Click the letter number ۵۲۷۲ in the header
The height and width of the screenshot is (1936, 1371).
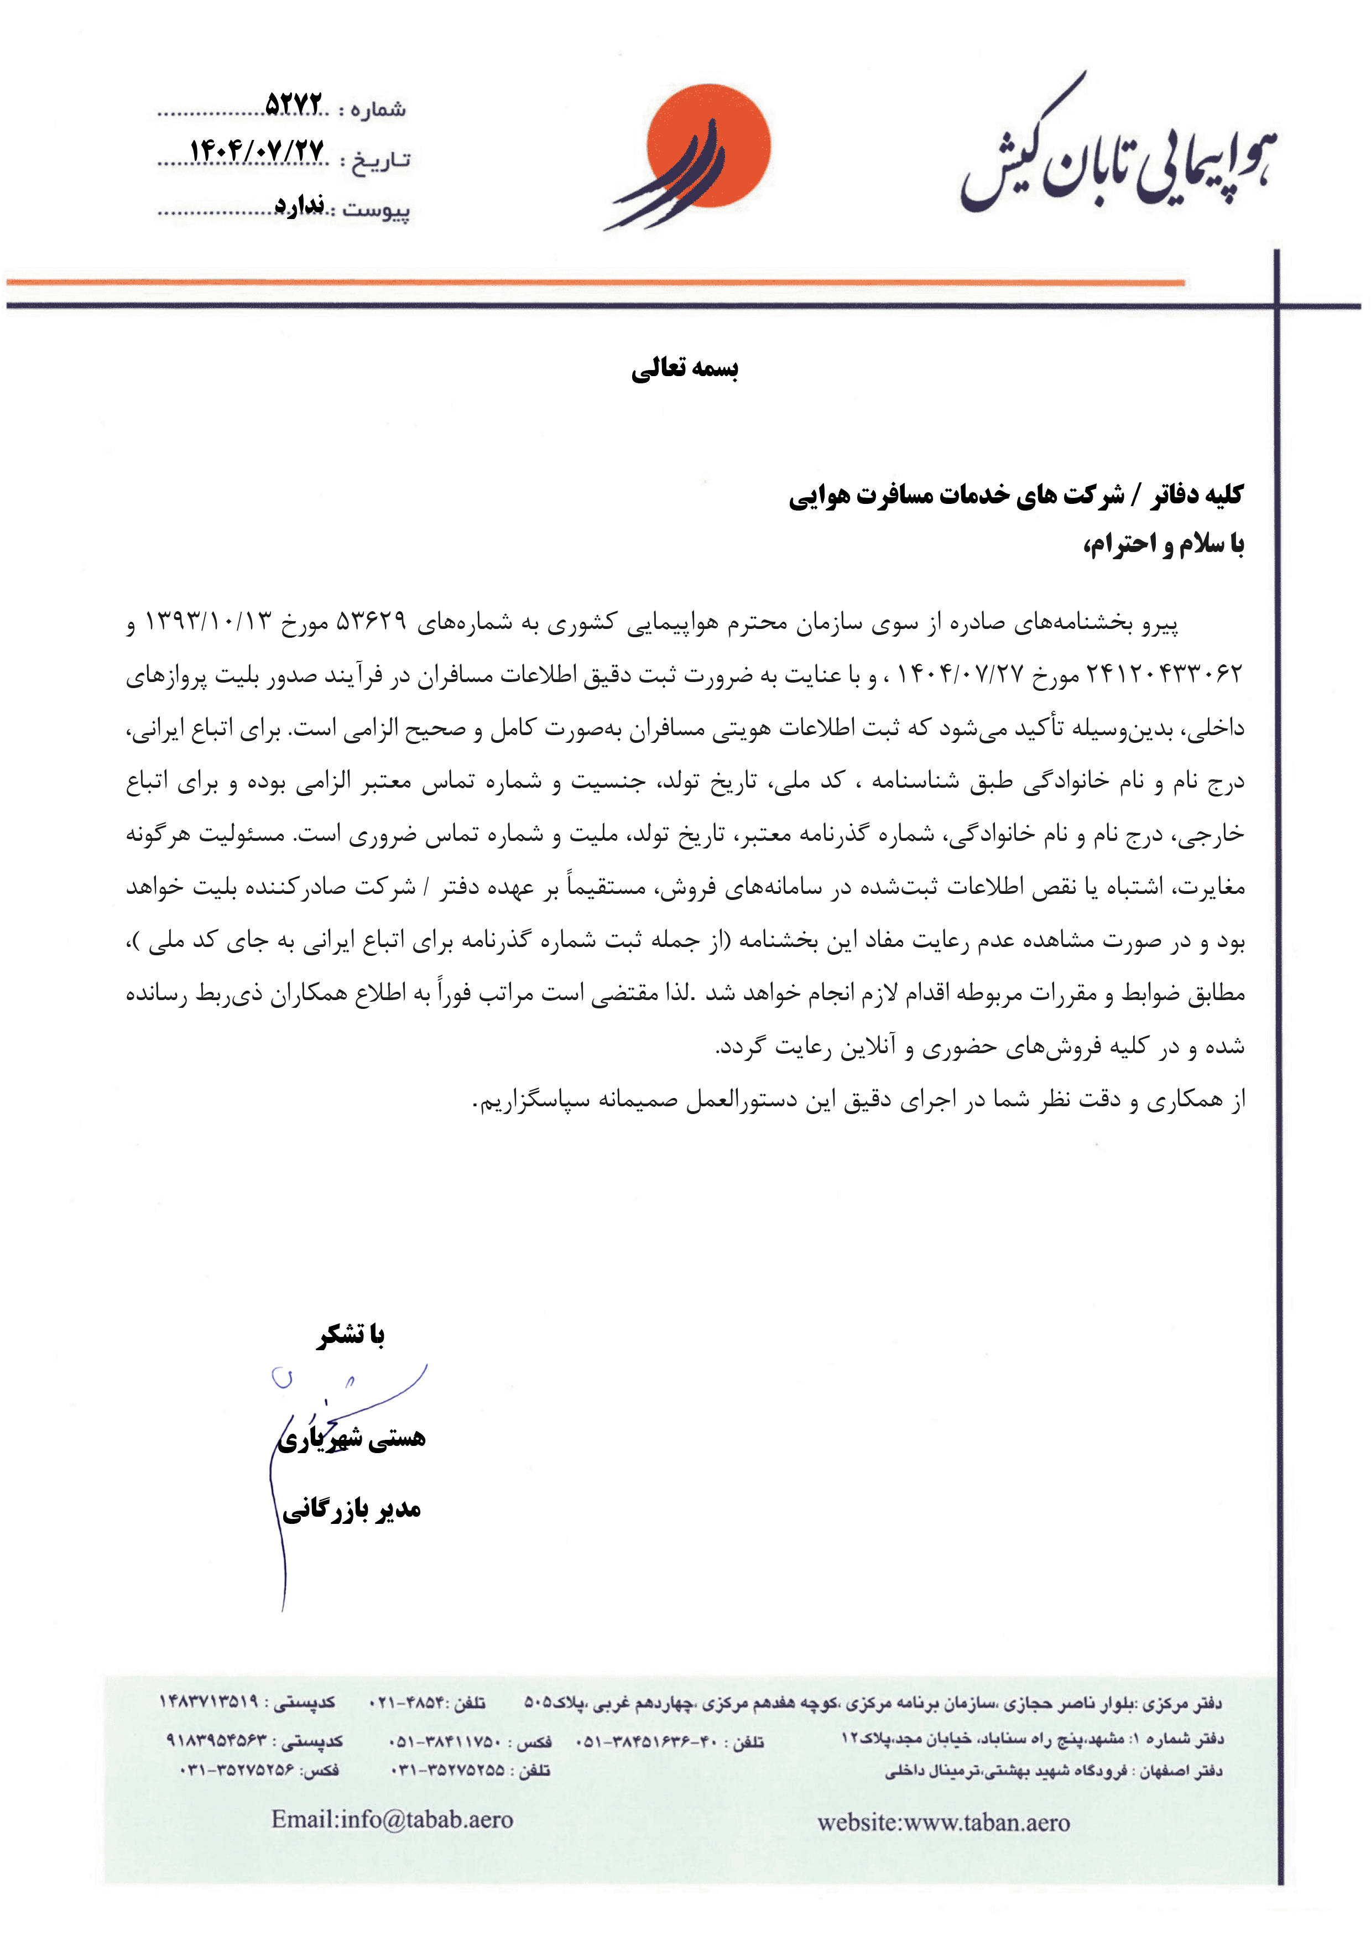coord(294,105)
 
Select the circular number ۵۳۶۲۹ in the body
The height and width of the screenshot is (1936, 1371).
coord(372,622)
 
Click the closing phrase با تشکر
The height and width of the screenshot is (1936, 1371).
coord(351,1335)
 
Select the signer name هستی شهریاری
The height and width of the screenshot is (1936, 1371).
coord(352,1438)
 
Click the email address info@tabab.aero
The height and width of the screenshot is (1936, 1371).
coord(393,1819)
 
